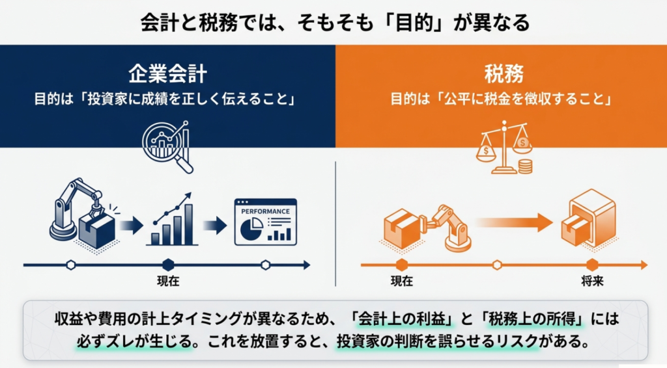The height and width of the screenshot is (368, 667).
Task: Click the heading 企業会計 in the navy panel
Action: click(167, 74)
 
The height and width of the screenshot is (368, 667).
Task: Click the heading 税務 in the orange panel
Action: click(504, 74)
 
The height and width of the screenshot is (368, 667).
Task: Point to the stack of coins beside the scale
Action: click(526, 166)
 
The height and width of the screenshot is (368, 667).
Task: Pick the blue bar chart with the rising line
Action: click(172, 220)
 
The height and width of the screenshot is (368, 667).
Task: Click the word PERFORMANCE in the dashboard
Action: click(266, 211)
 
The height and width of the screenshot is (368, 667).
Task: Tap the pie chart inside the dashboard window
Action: click(251, 229)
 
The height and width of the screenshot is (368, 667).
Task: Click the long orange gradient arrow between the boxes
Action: click(513, 223)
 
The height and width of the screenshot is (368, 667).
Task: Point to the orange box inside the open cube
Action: click(573, 230)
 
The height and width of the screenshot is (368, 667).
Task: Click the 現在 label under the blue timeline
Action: click(168, 281)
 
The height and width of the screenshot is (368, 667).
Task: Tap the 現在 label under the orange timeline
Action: click(402, 281)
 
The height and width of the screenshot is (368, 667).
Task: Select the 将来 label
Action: click(593, 281)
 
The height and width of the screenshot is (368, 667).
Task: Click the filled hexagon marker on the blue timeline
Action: click(169, 265)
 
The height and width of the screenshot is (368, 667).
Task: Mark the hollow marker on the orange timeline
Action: click(497, 265)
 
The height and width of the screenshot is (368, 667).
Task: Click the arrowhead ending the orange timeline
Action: click(644, 265)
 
